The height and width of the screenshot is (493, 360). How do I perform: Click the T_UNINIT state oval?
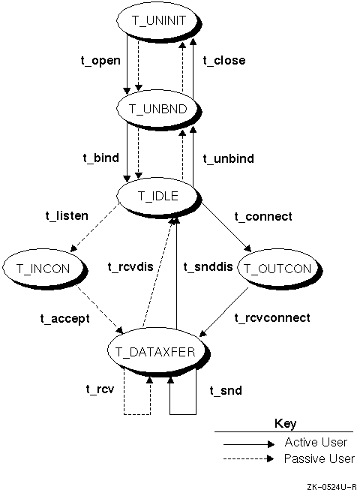tap(159, 21)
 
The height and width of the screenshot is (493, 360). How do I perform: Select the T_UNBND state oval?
tap(159, 109)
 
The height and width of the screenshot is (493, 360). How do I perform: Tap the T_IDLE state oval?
tap(159, 197)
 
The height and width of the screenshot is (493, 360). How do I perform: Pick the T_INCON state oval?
tap(44, 269)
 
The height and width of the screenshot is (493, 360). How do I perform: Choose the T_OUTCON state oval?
tap(279, 269)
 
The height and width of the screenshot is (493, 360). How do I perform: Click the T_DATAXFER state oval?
tap(157, 352)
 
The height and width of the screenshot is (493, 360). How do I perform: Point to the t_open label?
tap(100, 60)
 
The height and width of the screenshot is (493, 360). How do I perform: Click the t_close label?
tap(224, 60)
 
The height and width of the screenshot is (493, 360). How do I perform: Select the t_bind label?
tap(101, 158)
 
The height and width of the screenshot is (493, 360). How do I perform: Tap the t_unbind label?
tap(229, 158)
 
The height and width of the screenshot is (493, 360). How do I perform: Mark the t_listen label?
tap(67, 215)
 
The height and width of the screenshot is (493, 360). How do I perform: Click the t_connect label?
tap(263, 217)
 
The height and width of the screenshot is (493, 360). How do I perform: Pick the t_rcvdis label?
tap(130, 267)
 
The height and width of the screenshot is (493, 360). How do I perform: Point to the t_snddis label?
tap(208, 267)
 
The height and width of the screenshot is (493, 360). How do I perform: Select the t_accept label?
tap(64, 319)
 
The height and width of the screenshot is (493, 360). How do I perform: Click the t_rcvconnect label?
tap(272, 318)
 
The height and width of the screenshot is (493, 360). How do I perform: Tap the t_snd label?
tap(226, 390)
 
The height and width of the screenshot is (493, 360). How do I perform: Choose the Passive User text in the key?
tap(319, 458)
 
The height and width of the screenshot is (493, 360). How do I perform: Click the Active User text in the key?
tap(316, 443)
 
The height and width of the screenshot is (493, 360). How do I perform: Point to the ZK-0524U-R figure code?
tap(332, 487)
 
